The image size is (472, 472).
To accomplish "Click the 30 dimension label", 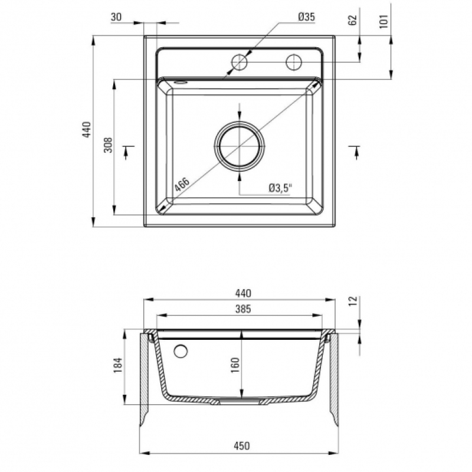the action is (x=116, y=17).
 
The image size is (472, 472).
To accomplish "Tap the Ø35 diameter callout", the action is (x=307, y=17).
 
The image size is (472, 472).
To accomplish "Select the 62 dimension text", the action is (x=352, y=20).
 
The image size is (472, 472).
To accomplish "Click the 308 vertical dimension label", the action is (x=108, y=145).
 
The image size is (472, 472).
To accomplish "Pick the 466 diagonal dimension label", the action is (x=182, y=184).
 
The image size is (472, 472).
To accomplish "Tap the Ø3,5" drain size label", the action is (x=281, y=188).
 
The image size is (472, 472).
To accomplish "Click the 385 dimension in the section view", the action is (x=243, y=309).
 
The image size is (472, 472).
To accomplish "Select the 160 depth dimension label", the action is (x=235, y=365).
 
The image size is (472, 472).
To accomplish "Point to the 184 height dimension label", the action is (x=117, y=365).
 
